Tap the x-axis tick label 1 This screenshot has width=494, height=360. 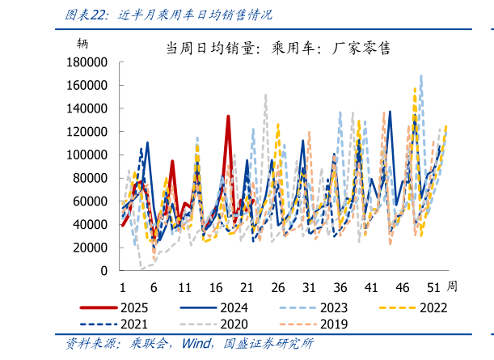coord(122,287)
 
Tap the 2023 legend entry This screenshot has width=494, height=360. coord(332,307)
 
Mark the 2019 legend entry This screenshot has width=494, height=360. coord(332,324)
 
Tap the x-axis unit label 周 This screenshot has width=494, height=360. coord(452,286)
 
